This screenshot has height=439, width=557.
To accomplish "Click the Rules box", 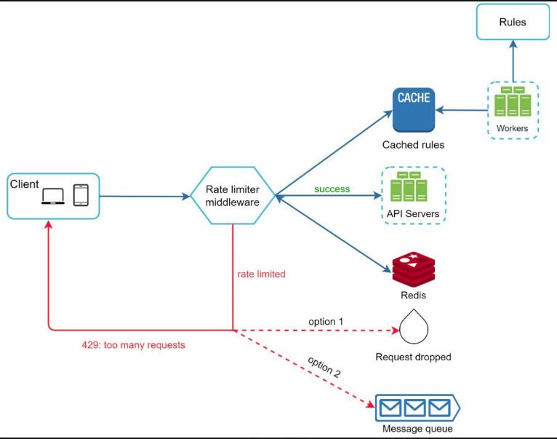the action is coord(513,22).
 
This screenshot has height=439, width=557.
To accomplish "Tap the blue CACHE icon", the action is coord(414,110).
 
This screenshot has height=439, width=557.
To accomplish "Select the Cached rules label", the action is coord(413,145).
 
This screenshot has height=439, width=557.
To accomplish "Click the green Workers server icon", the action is coord(513,101).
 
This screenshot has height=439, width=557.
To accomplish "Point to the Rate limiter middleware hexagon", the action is coord(233,195).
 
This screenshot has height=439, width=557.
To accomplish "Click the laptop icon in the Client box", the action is coord(53,196).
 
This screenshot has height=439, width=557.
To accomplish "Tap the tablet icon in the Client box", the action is coord(81,195).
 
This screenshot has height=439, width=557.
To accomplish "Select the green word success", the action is coord(332,189).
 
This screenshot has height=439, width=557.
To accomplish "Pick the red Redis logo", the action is coord(414,269).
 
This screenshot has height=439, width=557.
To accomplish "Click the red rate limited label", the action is coord(261,274).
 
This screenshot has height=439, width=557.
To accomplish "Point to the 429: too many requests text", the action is coord(133,345).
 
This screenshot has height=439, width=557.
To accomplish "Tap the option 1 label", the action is coord(326,322).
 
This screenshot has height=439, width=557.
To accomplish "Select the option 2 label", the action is coord(324,366).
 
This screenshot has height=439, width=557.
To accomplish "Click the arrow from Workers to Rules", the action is coord(513,61).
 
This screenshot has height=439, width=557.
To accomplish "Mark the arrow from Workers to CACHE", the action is coord(462,110).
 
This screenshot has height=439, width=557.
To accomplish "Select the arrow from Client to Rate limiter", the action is coord(145,196).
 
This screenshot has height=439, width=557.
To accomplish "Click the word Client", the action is coord(24,184).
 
